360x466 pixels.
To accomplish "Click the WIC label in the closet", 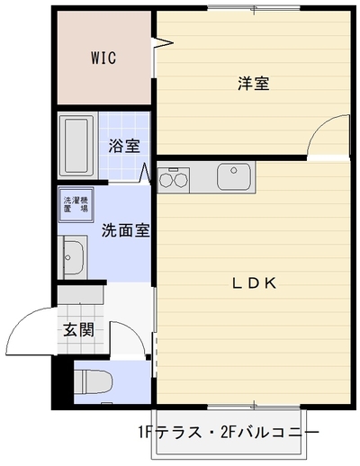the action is (x=103, y=58).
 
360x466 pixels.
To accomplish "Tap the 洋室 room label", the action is (x=254, y=83).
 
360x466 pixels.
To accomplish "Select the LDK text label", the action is (x=255, y=283).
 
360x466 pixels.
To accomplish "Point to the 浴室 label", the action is (x=124, y=146).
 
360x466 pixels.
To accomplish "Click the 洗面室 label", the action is (x=126, y=230).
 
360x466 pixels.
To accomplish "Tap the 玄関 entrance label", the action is (x=78, y=330).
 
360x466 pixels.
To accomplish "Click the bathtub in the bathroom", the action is (x=77, y=146).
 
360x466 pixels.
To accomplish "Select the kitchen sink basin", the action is (x=234, y=176).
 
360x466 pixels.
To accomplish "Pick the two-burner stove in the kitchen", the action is (x=174, y=180).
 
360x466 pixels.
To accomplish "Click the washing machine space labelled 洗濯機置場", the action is (x=76, y=205).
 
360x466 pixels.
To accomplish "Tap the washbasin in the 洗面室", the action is (x=73, y=257).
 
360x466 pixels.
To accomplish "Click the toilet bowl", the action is (x=93, y=381).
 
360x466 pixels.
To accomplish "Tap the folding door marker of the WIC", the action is (x=162, y=42).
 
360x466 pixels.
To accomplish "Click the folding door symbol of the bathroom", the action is (x=145, y=173).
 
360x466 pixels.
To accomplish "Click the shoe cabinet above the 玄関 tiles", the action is (x=80, y=295).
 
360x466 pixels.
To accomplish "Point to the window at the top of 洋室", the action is (x=254, y=8).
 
